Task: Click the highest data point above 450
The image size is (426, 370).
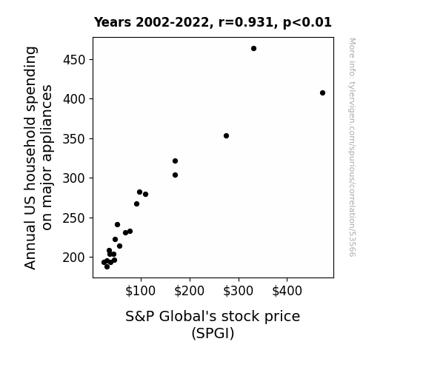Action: point(253,49)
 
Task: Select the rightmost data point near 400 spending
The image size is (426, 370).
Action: point(322,92)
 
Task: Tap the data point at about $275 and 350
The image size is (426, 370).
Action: point(226,135)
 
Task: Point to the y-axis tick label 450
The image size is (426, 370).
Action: point(74,60)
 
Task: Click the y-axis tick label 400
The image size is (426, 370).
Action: point(74,99)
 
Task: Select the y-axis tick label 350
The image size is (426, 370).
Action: point(74,138)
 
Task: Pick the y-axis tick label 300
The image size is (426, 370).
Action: point(74,178)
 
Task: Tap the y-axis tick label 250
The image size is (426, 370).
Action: point(74,218)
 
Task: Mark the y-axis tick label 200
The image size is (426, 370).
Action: point(74,258)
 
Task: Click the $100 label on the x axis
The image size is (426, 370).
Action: point(140,291)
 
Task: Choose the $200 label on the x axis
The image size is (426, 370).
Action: point(189,291)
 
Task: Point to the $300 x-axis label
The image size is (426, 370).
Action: point(238,291)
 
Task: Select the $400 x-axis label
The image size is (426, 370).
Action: point(287,291)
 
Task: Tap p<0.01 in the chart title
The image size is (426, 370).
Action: point(307,23)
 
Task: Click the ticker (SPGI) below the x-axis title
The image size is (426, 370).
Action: point(213,333)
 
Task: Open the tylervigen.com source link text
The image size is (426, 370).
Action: point(352,147)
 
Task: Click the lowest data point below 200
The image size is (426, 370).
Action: point(107,267)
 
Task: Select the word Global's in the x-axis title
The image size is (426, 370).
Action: point(187,317)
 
